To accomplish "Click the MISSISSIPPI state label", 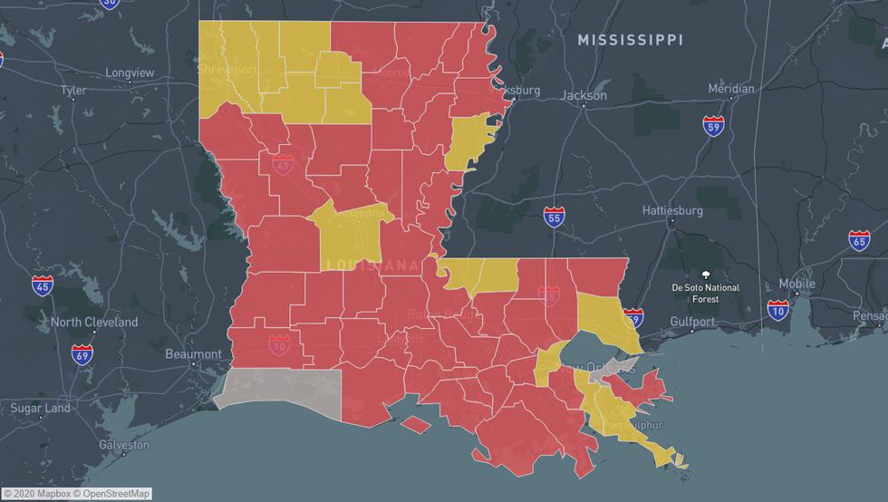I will pos(631,40).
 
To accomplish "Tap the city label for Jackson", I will pos(584,95).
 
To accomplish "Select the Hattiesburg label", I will pos(672,210).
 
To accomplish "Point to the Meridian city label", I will pos(730,89).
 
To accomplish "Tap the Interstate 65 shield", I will pos(859,240).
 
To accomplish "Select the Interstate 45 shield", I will pos(43,285).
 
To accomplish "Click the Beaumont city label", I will pos(193,354).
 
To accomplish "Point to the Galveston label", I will pos(124,445).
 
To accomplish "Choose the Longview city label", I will pos(130,72).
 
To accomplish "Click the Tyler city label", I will pos(73,91).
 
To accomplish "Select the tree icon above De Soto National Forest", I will pos(706,273).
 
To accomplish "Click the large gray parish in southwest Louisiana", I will pos(281,389).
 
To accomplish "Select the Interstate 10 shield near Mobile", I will pos(777,311).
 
